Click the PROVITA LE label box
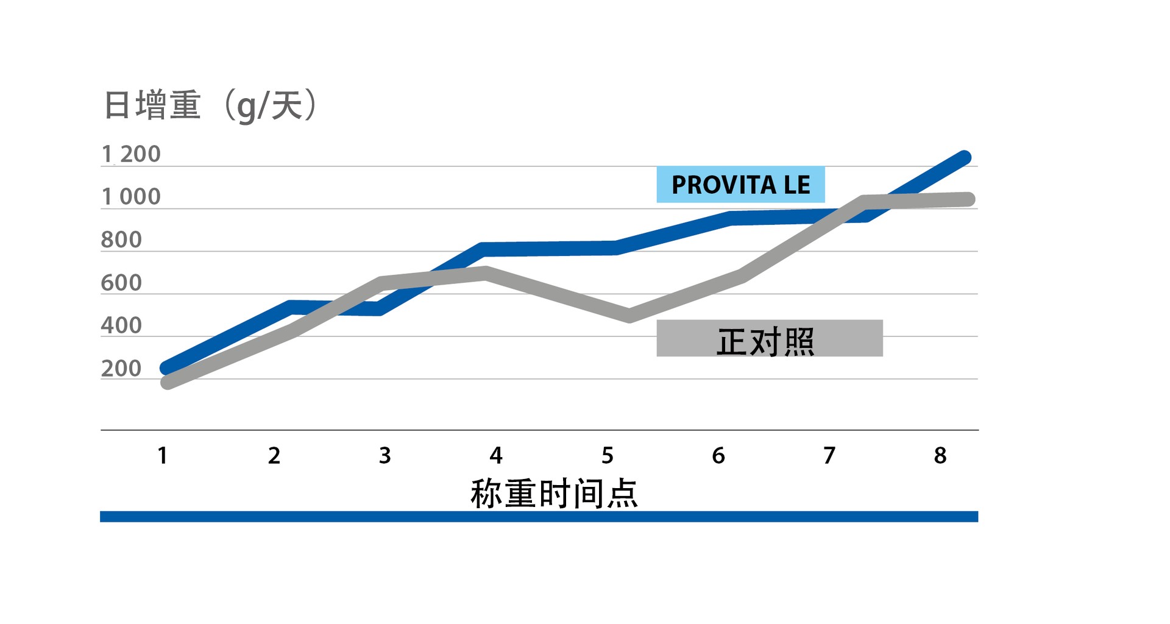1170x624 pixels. click(740, 185)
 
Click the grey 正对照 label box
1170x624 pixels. click(769, 338)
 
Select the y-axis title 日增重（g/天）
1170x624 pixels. click(210, 105)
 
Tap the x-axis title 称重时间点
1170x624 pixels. click(554, 493)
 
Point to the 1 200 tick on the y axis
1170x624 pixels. click(130, 154)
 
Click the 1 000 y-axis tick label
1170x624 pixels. click(130, 197)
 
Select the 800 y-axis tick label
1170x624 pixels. click(121, 240)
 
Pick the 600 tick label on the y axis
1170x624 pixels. click(121, 283)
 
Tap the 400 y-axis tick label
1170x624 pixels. click(121, 325)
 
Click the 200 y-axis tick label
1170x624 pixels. click(121, 369)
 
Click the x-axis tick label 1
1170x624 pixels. click(163, 455)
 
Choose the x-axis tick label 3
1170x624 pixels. click(385, 455)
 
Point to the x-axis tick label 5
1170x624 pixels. click(607, 455)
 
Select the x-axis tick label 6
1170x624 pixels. click(718, 455)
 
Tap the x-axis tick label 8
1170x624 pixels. click(940, 455)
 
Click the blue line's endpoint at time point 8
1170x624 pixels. click(964, 157)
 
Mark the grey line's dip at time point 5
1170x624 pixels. click(629, 316)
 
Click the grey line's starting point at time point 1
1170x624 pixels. click(167, 382)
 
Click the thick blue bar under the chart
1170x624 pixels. click(539, 517)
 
